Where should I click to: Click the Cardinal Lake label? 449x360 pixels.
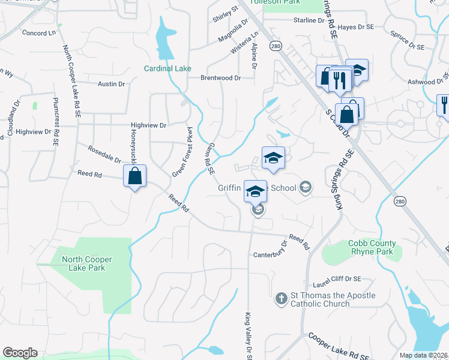click(167, 68)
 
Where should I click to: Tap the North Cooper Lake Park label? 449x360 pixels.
click(87, 263)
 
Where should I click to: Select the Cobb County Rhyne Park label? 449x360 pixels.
click(372, 247)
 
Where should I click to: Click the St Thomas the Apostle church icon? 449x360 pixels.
click(281, 298)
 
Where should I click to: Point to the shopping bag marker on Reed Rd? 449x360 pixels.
click(135, 176)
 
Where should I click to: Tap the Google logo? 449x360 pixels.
click(20, 353)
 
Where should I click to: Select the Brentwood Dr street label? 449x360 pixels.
click(220, 78)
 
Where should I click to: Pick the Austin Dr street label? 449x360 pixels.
click(111, 85)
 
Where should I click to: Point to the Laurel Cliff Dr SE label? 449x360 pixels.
click(337, 279)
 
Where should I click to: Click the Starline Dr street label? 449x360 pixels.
click(309, 20)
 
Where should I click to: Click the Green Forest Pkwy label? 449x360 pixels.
click(183, 152)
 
